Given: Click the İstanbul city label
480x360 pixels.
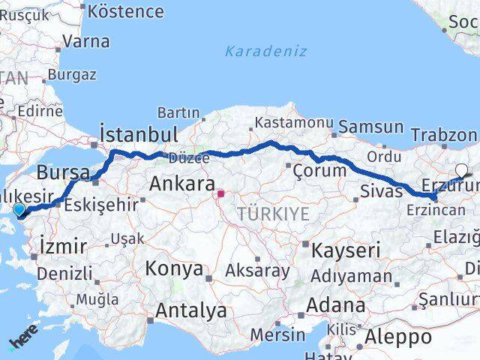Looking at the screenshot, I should [x=139, y=135].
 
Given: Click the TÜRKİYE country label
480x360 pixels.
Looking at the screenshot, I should [x=273, y=214].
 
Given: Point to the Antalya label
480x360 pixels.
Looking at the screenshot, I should [x=191, y=310].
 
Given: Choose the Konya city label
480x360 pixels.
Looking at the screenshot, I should [x=174, y=268].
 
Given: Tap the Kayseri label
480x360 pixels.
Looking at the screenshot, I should [x=346, y=250].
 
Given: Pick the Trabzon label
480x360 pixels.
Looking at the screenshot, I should [x=444, y=135].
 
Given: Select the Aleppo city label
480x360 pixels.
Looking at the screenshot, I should [x=397, y=337].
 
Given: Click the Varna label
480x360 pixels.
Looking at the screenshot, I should [x=85, y=41].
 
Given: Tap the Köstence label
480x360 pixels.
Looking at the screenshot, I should [x=125, y=11].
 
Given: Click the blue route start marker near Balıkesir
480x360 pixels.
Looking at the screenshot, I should [x=19, y=211].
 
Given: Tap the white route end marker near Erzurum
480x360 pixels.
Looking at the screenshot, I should [x=461, y=170].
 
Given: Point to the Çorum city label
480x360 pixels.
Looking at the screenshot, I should [x=321, y=170].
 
